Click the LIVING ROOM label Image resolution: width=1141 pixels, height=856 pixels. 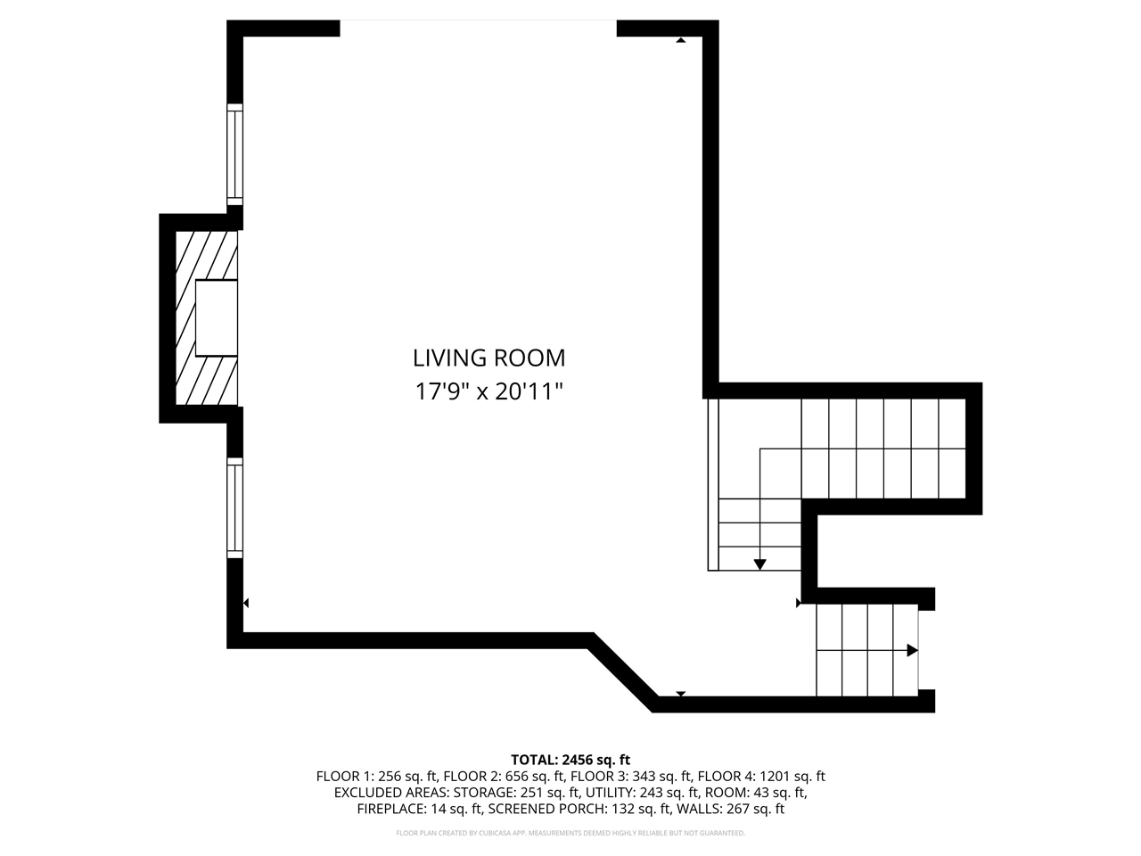click(x=488, y=358)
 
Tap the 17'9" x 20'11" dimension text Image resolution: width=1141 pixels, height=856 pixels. click(x=488, y=391)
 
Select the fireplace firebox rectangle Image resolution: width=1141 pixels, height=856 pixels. click(x=217, y=318)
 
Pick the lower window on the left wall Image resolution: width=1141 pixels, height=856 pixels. click(x=234, y=508)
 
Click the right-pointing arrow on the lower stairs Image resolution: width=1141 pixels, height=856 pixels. click(x=911, y=651)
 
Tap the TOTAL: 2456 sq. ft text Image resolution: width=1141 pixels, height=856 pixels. click(x=570, y=760)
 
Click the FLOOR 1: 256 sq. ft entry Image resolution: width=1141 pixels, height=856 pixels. click(x=376, y=777)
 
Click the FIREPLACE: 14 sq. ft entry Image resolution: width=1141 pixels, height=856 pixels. click(x=419, y=810)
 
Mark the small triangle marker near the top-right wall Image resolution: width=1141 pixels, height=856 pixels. click(x=680, y=40)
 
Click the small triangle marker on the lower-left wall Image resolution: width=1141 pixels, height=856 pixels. click(x=245, y=604)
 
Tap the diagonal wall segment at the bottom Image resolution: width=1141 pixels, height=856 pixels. click(x=622, y=671)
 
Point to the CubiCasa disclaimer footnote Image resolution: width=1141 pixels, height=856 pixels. click(x=570, y=833)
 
